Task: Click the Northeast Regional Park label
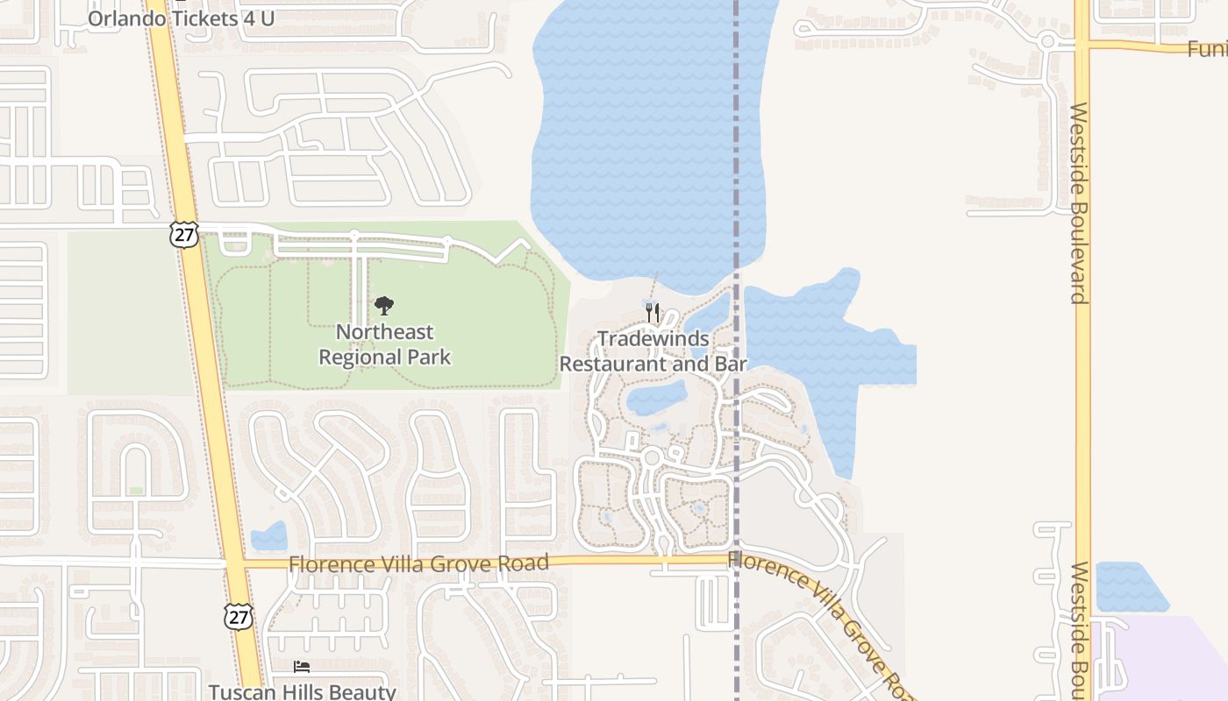click(384, 344)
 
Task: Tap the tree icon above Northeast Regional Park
click(384, 306)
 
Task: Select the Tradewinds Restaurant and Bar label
click(653, 351)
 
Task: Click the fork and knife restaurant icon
click(653, 313)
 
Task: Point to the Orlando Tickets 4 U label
click(182, 18)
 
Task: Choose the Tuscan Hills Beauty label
click(303, 691)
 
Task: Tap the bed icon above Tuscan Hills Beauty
click(302, 667)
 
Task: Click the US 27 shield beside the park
click(184, 234)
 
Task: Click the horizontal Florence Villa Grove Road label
click(418, 563)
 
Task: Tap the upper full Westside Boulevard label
click(1079, 203)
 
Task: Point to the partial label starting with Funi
click(1207, 49)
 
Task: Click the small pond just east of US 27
click(268, 535)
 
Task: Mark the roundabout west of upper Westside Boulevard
click(1046, 40)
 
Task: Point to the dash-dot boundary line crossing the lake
click(737, 131)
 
